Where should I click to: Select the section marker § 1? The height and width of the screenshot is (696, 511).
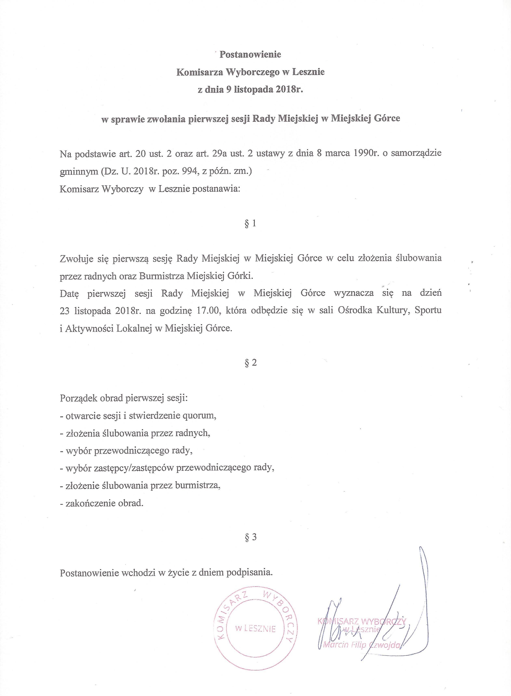pos(250,224)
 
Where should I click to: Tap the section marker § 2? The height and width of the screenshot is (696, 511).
pos(250,363)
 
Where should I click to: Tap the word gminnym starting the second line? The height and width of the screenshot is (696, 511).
pos(78,172)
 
